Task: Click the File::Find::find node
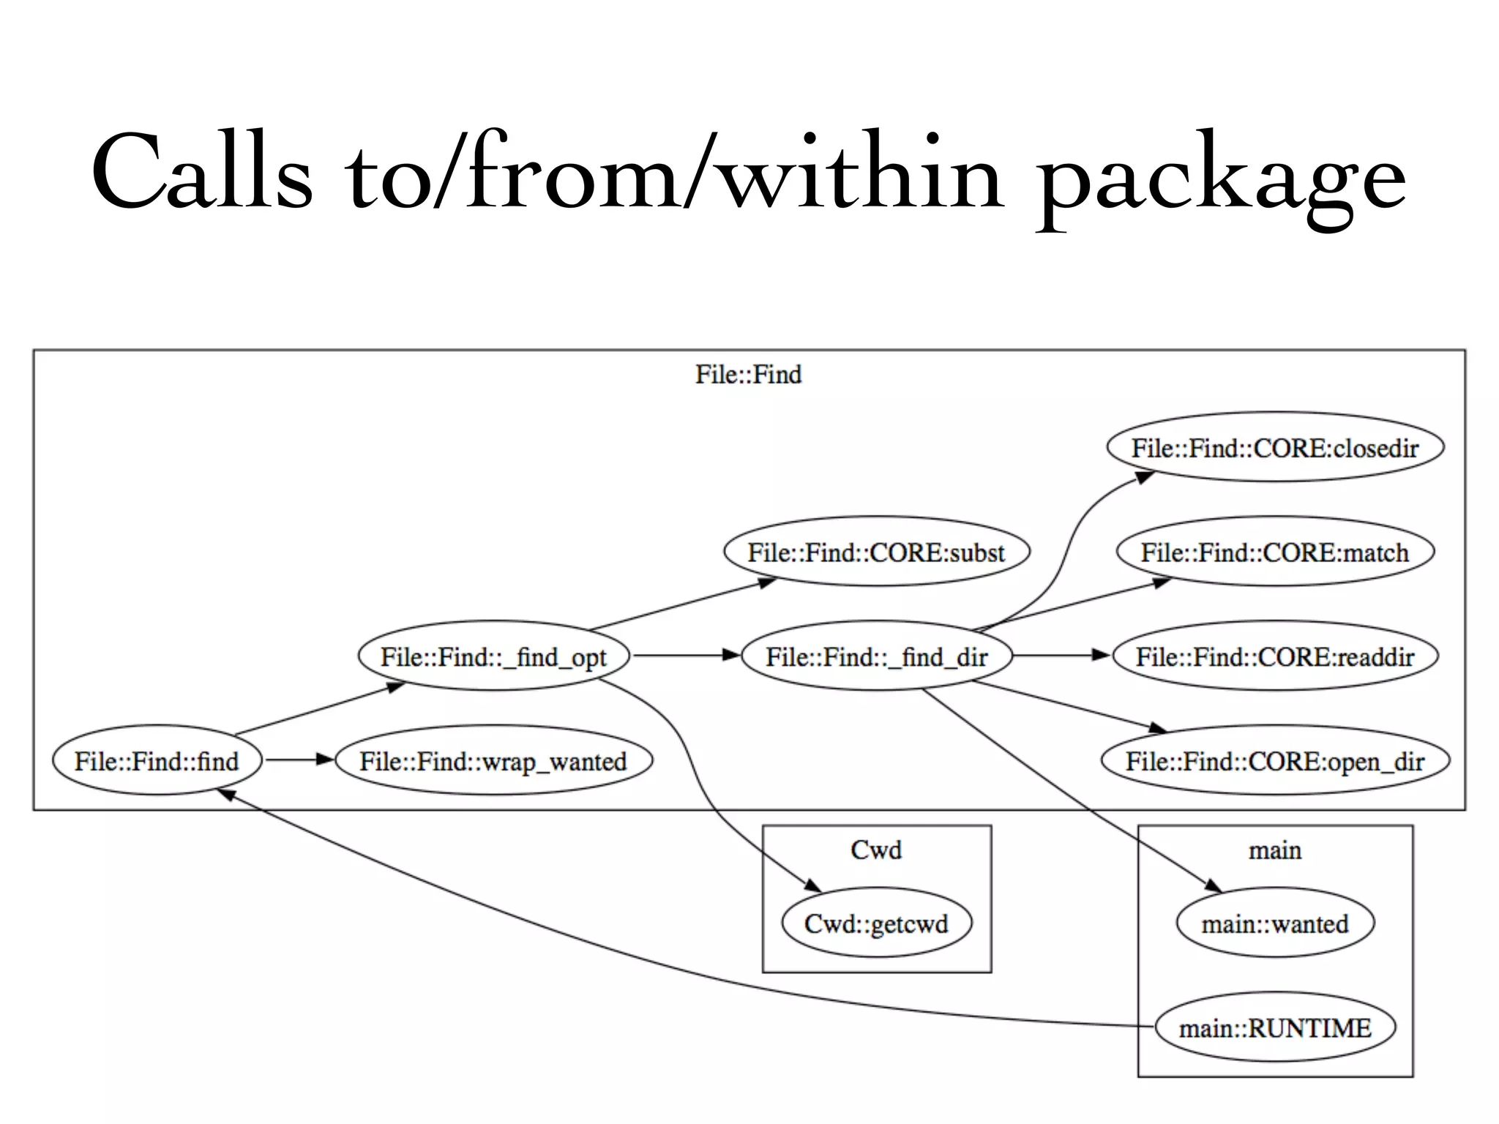(x=157, y=761)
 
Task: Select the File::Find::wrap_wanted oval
(x=493, y=761)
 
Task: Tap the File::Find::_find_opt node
(x=493, y=656)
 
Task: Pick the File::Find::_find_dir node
(x=876, y=656)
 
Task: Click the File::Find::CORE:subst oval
(x=876, y=552)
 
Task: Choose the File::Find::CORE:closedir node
(x=1274, y=447)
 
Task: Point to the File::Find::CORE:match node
(x=1274, y=552)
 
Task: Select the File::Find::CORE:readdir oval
(x=1274, y=656)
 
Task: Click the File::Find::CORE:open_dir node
(x=1274, y=761)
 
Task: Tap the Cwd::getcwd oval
(x=876, y=923)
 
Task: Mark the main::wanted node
(x=1274, y=923)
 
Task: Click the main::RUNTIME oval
(x=1274, y=1028)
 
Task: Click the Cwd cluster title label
(x=876, y=850)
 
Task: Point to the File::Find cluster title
(x=748, y=375)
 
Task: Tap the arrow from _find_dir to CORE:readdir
(x=1061, y=656)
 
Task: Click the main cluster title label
(x=1274, y=850)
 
